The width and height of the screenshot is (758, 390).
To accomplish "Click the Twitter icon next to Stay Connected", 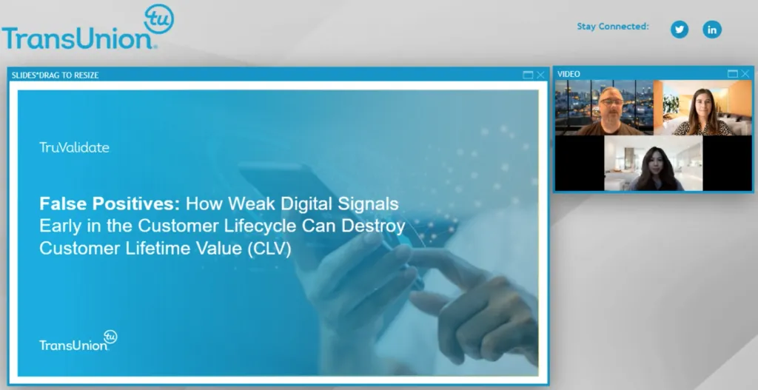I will click(679, 30).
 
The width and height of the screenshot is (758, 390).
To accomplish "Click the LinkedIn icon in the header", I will click(711, 30).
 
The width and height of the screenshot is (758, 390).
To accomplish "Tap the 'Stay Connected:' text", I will click(613, 27).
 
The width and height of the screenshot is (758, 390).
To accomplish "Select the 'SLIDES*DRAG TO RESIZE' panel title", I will click(56, 75).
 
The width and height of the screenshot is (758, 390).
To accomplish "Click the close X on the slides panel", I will click(540, 75).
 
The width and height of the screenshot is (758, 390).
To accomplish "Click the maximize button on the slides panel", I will click(528, 75).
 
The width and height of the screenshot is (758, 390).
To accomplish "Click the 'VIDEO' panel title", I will click(568, 74).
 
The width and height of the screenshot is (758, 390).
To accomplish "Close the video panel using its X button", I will click(745, 74).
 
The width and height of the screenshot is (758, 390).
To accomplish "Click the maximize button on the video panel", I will click(732, 74).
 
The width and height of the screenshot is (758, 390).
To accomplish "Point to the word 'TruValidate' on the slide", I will click(74, 147).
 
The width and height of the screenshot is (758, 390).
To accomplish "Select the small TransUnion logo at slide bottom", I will click(78, 341).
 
